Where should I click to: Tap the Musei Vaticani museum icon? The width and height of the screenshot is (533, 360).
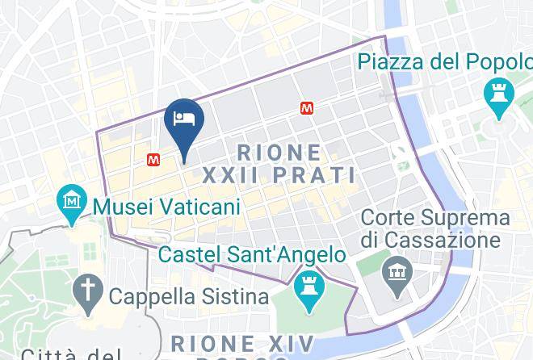(x=73, y=199)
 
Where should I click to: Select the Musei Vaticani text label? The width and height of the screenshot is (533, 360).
(x=167, y=207)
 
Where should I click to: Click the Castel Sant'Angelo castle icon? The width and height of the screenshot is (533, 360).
(x=308, y=284)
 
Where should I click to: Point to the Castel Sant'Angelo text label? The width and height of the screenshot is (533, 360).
(x=252, y=255)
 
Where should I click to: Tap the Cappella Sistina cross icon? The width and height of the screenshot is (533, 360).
(x=86, y=287)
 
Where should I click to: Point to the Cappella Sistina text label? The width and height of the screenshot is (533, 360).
(x=189, y=296)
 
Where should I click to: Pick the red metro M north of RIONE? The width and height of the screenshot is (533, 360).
(x=306, y=107)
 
